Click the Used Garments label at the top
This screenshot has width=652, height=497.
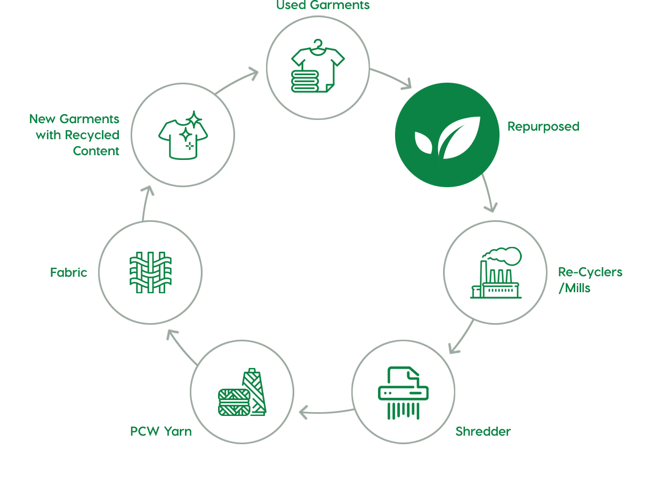[x=323, y=5]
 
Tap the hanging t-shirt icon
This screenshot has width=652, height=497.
[x=318, y=66]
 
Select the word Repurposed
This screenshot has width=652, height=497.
[x=543, y=127]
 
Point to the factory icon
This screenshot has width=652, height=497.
[x=496, y=272]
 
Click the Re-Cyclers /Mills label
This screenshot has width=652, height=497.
[x=590, y=280]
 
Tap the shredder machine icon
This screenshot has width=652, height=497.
[x=403, y=392]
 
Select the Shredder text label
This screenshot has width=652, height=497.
[x=483, y=431]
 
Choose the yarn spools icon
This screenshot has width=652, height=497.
[x=242, y=392]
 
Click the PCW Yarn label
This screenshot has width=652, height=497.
[x=161, y=431]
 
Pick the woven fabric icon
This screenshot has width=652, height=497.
[x=150, y=272]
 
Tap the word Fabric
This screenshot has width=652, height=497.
[x=69, y=272]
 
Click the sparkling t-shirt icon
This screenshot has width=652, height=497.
[x=183, y=135]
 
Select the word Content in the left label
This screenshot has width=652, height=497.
[x=96, y=151]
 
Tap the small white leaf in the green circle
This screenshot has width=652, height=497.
[x=424, y=142]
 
